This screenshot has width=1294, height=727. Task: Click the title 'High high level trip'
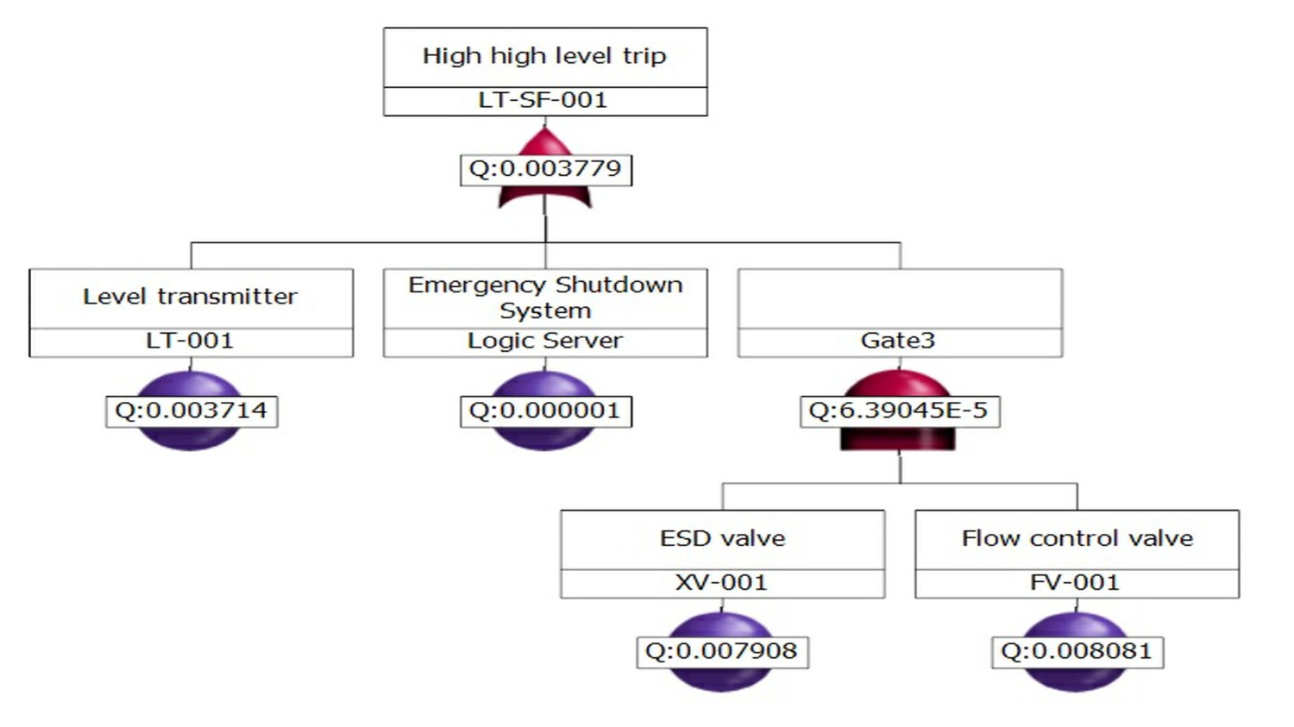click(x=544, y=56)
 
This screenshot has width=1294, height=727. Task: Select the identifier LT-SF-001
click(x=543, y=100)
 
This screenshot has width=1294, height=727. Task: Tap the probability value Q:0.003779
click(x=545, y=168)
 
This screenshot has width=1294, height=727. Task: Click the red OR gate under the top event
click(x=545, y=197)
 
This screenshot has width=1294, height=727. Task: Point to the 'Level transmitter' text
click(x=191, y=297)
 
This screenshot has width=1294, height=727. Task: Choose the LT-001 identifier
click(x=191, y=341)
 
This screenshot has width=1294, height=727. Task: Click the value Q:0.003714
click(x=191, y=410)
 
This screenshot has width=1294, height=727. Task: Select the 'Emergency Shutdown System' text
click(x=545, y=297)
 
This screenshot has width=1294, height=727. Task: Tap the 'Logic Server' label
click(x=545, y=341)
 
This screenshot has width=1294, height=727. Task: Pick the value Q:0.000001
click(x=545, y=410)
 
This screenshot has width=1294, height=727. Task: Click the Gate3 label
click(x=898, y=341)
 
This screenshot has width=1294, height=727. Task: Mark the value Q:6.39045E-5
click(x=898, y=410)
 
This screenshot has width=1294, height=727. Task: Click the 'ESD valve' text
click(x=723, y=538)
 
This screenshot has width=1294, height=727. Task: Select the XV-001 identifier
click(x=722, y=582)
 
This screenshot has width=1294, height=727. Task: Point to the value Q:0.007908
click(x=722, y=650)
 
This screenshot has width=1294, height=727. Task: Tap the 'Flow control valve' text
click(x=1077, y=538)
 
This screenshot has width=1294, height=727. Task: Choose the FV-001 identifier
click(x=1076, y=582)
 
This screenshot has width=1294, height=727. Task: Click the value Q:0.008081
click(x=1077, y=650)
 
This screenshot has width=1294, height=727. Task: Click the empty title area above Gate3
click(x=900, y=298)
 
